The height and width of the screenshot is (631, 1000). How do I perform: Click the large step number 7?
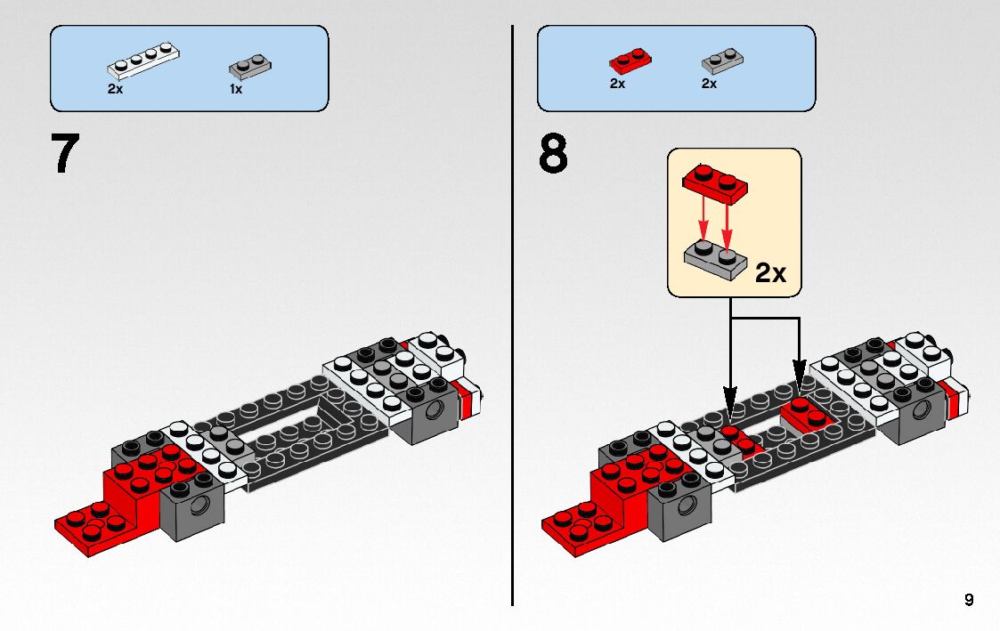coord(65,154)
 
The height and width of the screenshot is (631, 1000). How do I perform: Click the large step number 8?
coord(553,154)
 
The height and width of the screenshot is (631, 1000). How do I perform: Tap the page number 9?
coord(969,600)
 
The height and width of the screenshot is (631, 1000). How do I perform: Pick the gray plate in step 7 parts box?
coord(250,65)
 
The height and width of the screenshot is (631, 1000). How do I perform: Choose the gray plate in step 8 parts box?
coord(722,61)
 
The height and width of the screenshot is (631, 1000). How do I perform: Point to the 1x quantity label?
coord(236,89)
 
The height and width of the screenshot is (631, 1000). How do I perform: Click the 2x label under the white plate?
coord(116,89)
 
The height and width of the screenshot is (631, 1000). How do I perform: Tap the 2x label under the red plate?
coord(617,84)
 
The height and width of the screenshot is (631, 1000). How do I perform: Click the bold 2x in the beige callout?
coord(770,272)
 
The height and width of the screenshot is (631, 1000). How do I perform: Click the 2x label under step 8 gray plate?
coord(710,84)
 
